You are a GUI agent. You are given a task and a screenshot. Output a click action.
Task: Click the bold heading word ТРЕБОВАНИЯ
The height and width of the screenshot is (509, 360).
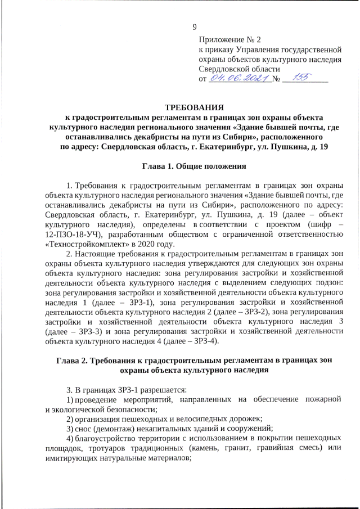[x=194, y=107]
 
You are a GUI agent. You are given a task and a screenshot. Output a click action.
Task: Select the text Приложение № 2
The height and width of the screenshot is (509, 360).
[x=230, y=40]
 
